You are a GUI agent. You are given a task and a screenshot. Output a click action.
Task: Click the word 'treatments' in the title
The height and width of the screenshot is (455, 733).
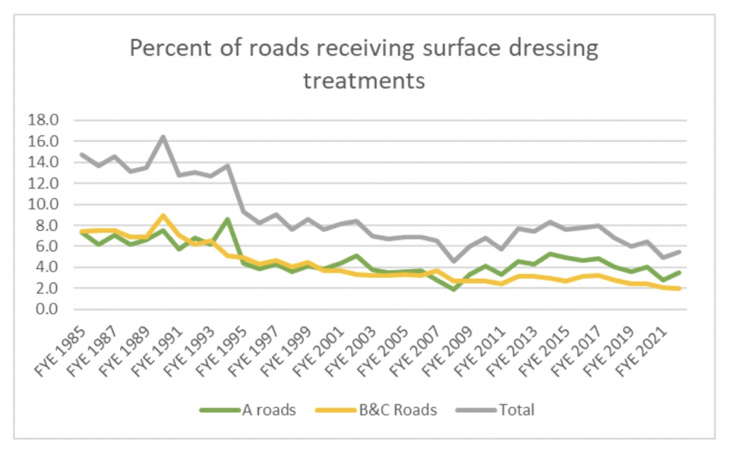click(364, 81)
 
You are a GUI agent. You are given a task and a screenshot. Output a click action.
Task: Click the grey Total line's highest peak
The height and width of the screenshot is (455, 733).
click(164, 136)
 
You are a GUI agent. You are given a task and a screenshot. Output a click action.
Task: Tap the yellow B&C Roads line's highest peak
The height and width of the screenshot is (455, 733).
click(164, 215)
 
